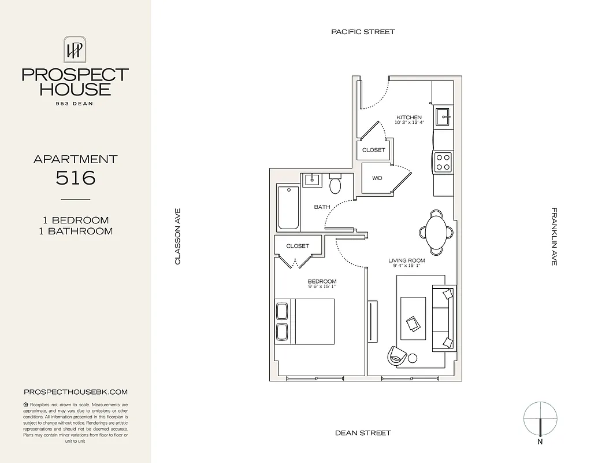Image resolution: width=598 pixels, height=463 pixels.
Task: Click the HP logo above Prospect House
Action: point(75,50)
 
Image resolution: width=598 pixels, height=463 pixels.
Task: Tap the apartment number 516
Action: point(75,178)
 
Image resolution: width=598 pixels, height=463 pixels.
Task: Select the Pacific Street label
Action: point(363,32)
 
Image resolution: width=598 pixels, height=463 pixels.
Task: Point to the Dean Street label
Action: point(363,433)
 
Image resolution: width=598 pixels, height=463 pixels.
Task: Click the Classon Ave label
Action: point(178,237)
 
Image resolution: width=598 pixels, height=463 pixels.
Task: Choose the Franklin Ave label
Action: point(554,237)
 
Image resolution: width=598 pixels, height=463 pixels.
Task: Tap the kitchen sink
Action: point(444,117)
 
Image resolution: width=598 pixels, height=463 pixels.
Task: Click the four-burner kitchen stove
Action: point(443,161)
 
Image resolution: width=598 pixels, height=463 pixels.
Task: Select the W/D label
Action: point(377,178)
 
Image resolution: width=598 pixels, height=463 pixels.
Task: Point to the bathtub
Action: point(288,208)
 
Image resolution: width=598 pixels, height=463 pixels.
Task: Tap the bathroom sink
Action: point(311,179)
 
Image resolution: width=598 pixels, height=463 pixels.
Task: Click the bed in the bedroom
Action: point(306,321)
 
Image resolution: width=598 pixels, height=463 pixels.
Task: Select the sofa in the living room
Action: point(443,318)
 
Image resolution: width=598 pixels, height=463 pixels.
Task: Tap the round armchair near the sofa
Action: point(397,354)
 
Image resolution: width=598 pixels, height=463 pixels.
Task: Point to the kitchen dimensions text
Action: point(409,123)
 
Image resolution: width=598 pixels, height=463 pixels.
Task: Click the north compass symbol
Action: point(540,419)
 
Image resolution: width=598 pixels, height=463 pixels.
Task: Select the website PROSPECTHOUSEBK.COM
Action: point(75,392)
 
